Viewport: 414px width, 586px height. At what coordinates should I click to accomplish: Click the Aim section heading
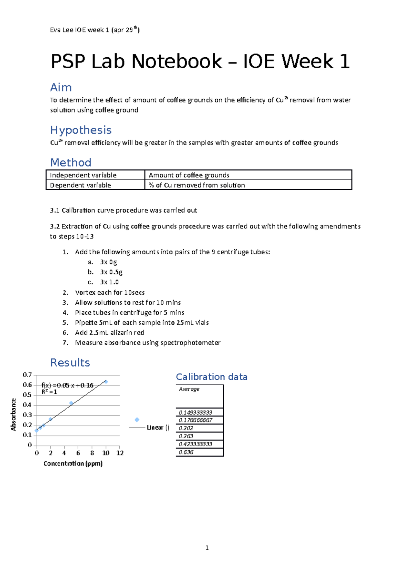tap(61, 87)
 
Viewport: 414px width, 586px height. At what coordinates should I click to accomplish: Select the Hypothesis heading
tap(81, 130)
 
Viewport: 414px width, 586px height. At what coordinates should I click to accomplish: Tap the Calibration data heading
tap(211, 377)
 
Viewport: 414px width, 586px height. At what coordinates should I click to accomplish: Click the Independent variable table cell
tap(83, 175)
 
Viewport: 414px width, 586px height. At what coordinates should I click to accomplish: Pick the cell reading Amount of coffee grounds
tap(189, 175)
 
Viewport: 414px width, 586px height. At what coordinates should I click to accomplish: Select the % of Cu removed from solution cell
tap(197, 185)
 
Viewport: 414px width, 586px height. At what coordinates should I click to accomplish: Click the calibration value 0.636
tap(186, 452)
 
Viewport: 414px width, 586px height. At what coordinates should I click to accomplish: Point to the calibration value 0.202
tap(186, 428)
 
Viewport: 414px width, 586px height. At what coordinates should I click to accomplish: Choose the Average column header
tap(189, 389)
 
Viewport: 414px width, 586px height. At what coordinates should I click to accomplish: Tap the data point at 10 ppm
tap(106, 382)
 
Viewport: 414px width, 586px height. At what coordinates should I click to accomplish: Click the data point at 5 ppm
tap(71, 403)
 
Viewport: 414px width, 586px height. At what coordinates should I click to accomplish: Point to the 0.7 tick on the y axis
tap(27, 375)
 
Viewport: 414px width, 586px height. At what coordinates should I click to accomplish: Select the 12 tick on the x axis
tap(120, 453)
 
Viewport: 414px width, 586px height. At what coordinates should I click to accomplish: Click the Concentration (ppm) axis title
tap(73, 463)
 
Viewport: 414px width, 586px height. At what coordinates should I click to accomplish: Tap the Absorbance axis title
tap(13, 414)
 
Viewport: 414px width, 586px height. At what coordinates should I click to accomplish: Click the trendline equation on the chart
tap(67, 385)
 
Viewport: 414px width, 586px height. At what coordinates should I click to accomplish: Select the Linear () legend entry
tap(157, 428)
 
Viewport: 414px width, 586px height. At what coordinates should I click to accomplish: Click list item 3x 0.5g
tap(111, 272)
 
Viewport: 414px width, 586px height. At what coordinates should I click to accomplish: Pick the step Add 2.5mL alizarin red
tap(109, 333)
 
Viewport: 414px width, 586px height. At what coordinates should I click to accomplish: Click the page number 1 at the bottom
tap(207, 548)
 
